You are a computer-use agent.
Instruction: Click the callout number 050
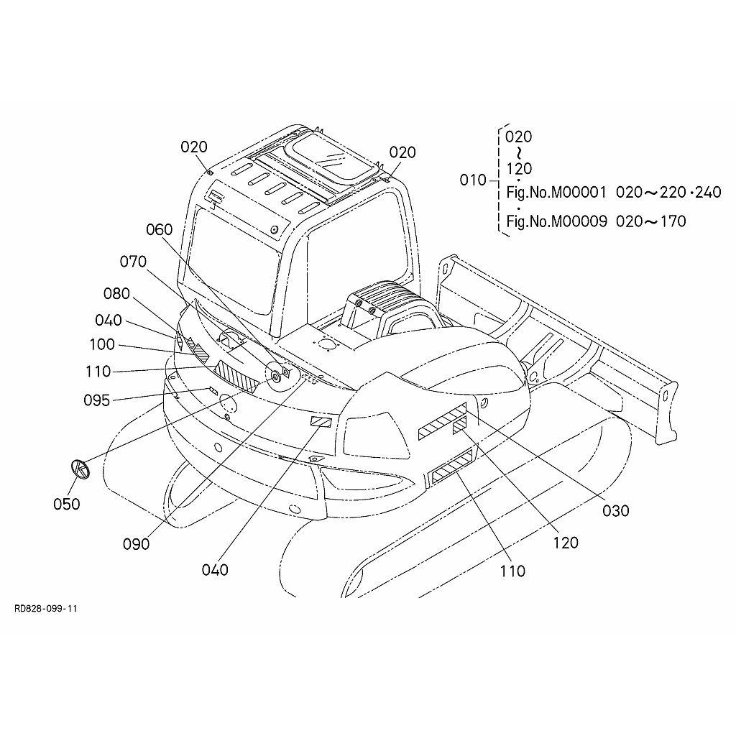(67, 504)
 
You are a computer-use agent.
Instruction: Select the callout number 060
(159, 229)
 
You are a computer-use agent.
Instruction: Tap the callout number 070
(133, 262)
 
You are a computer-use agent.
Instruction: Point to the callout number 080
(116, 293)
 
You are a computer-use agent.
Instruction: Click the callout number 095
(97, 400)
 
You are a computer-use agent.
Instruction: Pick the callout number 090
(136, 544)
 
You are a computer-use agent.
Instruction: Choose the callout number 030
(616, 511)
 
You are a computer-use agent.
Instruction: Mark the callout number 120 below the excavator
(566, 543)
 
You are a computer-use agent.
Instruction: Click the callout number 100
(102, 344)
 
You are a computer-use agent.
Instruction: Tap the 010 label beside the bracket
(473, 180)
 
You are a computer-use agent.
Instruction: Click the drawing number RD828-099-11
(45, 609)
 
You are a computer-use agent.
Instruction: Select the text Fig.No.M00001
(556, 193)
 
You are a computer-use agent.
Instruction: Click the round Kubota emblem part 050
(80, 470)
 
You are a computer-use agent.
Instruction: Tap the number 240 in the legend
(708, 192)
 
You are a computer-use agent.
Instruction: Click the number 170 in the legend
(673, 221)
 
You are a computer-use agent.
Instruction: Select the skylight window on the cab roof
(333, 156)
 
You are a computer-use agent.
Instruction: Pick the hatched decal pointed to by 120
(459, 425)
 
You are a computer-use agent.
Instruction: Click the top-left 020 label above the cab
(194, 147)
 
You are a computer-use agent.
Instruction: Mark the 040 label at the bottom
(215, 570)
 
